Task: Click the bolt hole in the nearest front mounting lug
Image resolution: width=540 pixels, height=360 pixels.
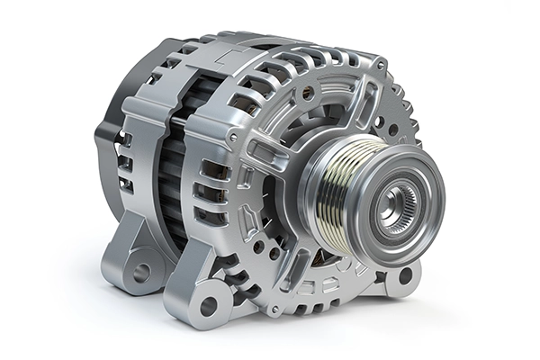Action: tap(208, 304)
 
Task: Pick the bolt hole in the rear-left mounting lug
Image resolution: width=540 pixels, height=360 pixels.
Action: tap(139, 269)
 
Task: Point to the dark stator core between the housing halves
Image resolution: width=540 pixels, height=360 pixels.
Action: tap(171, 180)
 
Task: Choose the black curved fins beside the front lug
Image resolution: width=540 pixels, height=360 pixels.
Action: tap(238, 270)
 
